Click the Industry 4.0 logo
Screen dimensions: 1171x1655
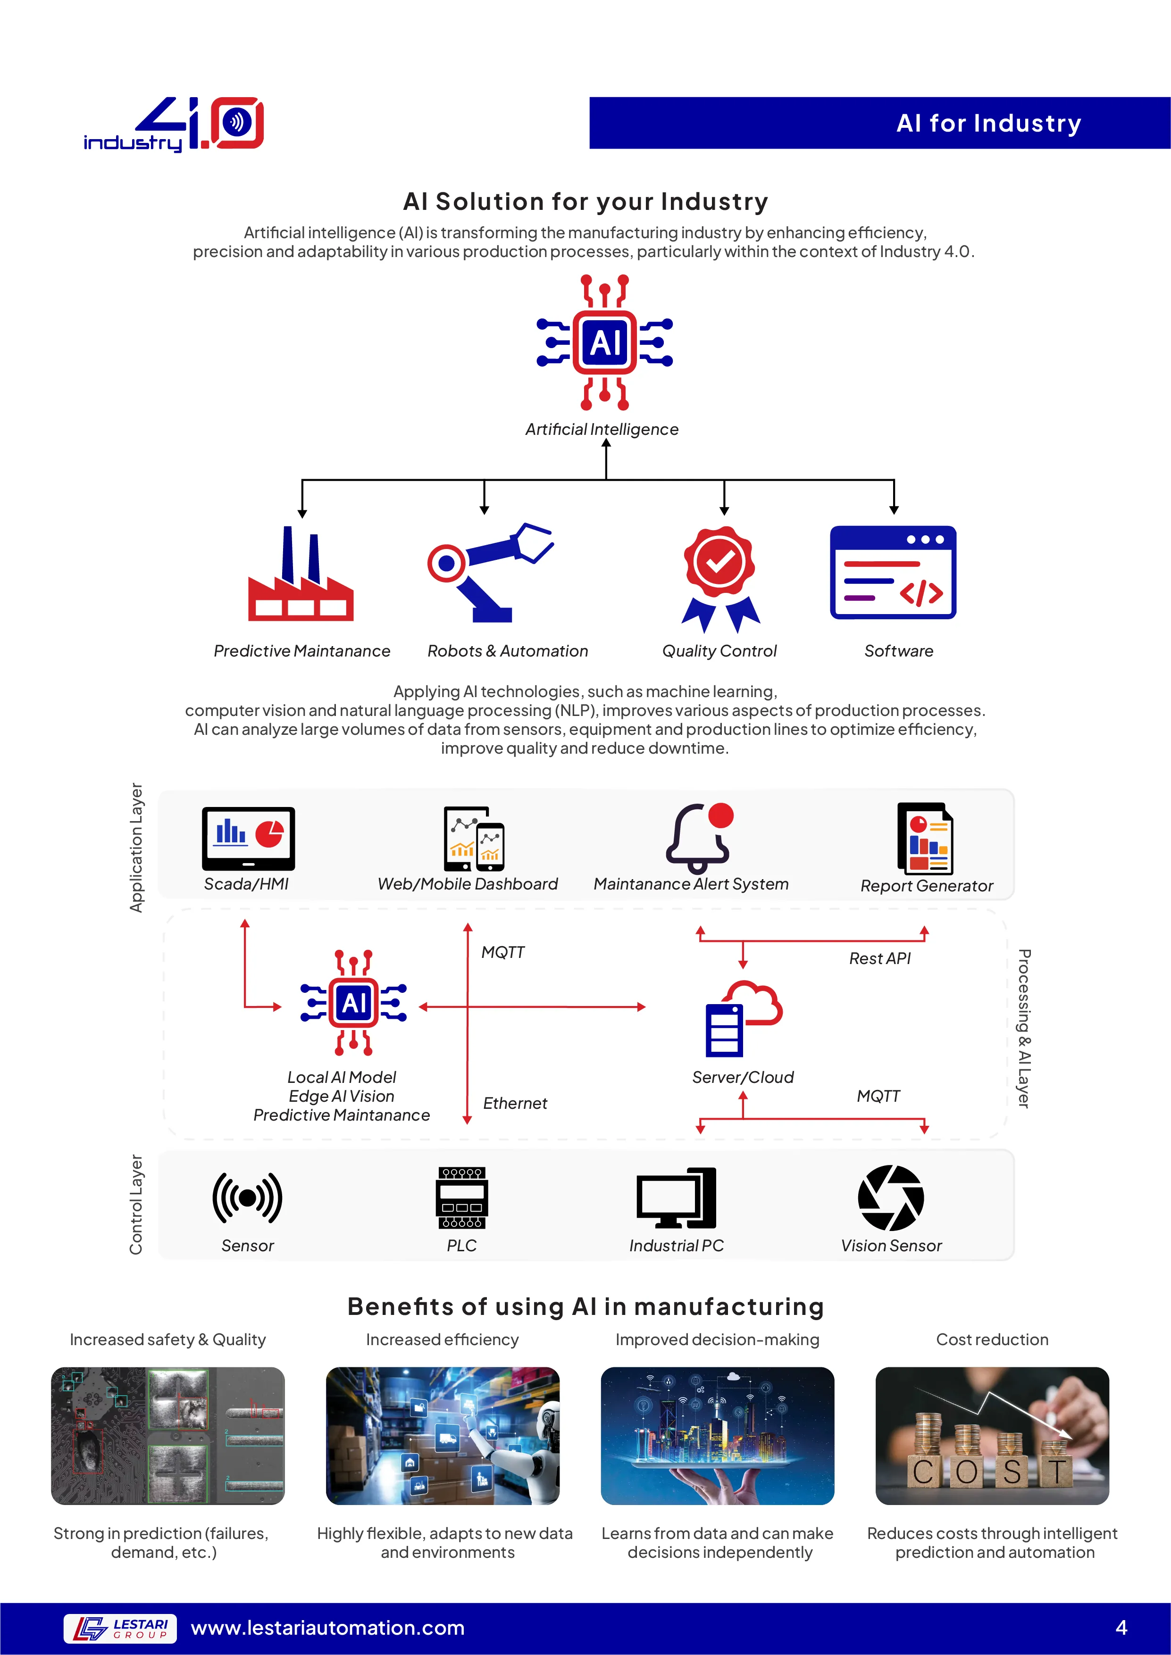click(174, 124)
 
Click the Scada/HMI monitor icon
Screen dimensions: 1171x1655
click(249, 838)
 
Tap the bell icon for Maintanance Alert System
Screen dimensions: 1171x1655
click(699, 838)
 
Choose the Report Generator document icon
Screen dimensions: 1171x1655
click(925, 838)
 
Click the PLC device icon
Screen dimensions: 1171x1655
click(462, 1198)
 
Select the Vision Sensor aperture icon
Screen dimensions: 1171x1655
click(891, 1198)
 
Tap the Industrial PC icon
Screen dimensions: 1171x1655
click(677, 1198)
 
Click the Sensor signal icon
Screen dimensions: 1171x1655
click(247, 1198)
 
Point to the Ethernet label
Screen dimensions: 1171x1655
click(515, 1104)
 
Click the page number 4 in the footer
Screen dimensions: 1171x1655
click(1121, 1628)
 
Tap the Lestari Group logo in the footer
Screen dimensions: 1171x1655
click(120, 1628)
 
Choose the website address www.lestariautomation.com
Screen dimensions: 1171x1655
click(328, 1628)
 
